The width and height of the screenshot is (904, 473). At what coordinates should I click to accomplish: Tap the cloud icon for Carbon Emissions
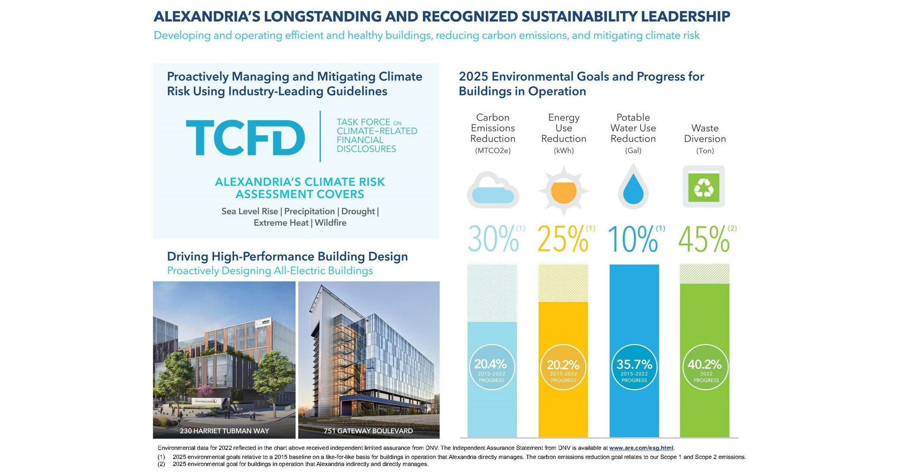pos(493,191)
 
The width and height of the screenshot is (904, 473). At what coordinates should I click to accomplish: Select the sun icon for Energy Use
pos(563,191)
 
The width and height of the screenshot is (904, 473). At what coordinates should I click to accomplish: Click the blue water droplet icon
pos(633,189)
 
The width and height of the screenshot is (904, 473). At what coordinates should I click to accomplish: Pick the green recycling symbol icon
pos(704,187)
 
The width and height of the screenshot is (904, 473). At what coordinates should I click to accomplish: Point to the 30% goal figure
pos(494,239)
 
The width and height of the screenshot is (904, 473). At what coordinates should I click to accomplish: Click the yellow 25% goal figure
pos(563,239)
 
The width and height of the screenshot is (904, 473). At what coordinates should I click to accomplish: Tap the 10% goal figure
pos(633,239)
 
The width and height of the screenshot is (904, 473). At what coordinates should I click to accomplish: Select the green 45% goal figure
pos(704,239)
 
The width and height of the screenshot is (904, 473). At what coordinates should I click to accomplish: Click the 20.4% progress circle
pos(492,367)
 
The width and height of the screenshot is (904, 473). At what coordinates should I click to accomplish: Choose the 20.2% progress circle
pos(563,367)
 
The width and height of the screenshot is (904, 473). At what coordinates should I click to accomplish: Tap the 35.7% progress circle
pos(634,367)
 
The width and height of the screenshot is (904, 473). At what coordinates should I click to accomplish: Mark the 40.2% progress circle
pos(705,367)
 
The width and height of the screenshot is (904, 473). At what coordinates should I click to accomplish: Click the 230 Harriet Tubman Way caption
pos(224,431)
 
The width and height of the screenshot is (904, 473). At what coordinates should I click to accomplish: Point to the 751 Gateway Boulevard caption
pos(368,431)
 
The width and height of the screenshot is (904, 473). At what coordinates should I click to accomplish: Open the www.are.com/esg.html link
pos(641,448)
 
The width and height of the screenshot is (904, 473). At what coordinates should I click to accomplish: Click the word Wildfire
pos(330,223)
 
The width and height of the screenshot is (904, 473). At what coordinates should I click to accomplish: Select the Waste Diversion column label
pos(705,134)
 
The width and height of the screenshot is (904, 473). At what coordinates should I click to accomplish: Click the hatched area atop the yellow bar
pos(563,283)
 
